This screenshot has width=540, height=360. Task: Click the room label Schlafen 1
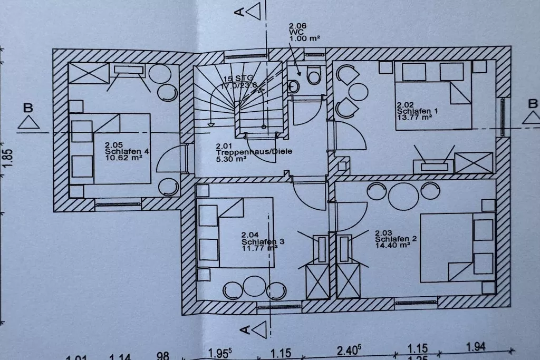417,112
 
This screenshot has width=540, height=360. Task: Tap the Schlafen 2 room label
396,239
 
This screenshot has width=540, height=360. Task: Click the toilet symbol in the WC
314,76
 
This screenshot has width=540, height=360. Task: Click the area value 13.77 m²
414,118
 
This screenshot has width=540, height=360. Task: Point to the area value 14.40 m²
393,245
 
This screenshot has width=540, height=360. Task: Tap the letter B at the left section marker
28,108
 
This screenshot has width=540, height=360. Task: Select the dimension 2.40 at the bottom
349,349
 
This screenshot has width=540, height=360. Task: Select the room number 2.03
384,232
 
